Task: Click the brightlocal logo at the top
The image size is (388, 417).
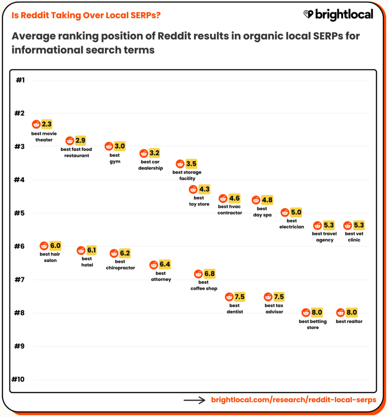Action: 338,14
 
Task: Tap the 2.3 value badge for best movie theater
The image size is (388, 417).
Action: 47,124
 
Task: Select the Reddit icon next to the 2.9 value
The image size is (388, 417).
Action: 69,141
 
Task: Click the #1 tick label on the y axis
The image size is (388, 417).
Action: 20,80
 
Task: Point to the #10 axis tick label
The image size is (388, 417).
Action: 18,379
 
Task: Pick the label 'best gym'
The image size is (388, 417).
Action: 115,158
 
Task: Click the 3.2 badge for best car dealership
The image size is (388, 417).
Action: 154,153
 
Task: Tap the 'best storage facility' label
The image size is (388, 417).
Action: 187,175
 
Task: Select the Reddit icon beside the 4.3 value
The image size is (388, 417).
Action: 193,190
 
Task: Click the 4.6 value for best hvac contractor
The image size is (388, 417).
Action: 235,198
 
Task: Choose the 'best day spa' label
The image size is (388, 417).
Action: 262,212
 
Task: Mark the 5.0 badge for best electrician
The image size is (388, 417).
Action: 296,212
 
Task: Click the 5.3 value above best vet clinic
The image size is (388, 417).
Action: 359,225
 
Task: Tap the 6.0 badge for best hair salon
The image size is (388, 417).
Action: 55,246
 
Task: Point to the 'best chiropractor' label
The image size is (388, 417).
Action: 120,264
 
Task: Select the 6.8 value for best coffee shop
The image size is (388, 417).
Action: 209,274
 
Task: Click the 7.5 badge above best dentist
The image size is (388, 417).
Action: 240,297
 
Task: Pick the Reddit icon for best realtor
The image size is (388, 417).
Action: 341,313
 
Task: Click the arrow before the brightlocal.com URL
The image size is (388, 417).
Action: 194,400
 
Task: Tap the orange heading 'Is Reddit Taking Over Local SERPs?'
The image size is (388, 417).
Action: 86,15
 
